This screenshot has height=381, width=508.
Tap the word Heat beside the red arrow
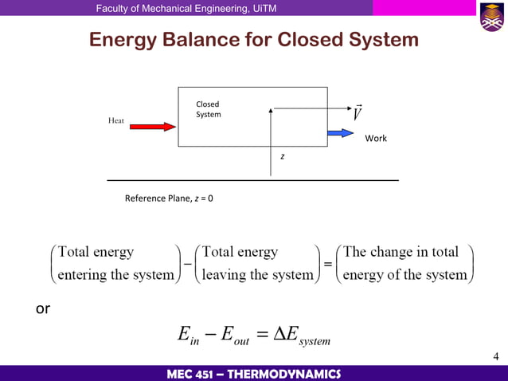pos(116,120)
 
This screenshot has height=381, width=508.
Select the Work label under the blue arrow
pos(376,139)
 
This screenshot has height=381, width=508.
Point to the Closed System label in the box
pos(208,109)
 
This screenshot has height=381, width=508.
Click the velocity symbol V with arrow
pos(358,113)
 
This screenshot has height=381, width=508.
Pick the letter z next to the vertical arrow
pos(282,156)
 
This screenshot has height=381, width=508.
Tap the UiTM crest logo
pos(490,17)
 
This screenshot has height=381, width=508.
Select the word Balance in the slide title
pos(226,39)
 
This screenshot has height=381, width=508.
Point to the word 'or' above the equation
pos(43,309)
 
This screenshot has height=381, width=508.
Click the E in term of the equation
pos(189,338)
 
